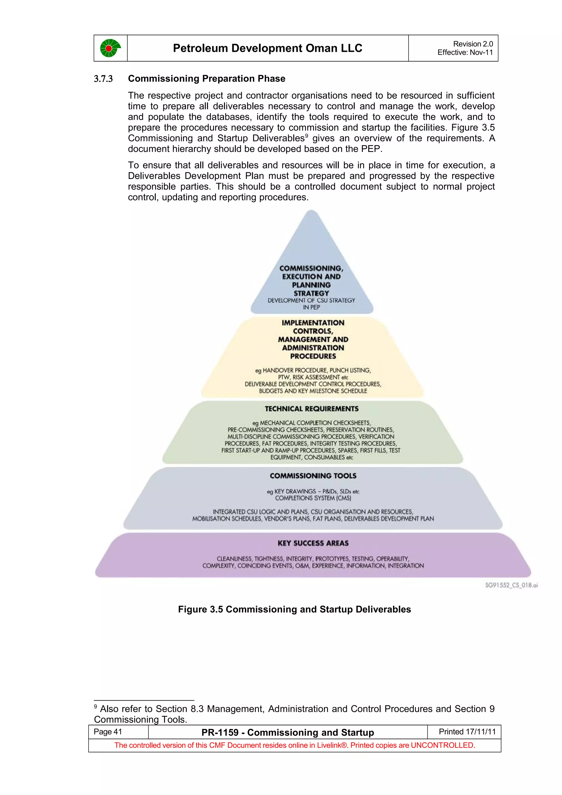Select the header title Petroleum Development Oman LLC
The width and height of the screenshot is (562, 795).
[267, 48]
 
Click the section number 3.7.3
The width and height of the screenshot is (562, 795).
[103, 79]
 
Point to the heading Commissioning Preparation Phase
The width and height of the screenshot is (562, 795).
[206, 79]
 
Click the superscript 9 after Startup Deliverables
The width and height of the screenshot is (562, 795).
[307, 136]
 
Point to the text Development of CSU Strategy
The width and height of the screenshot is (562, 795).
[311, 300]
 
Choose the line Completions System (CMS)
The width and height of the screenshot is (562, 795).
[313, 498]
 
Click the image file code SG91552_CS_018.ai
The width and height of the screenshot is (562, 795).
[511, 585]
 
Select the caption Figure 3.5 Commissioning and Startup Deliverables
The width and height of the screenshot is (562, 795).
[294, 609]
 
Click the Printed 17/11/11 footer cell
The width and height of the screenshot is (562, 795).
[467, 732]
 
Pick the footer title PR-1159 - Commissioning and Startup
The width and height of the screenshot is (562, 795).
[288, 732]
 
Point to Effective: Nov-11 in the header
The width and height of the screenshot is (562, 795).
[465, 52]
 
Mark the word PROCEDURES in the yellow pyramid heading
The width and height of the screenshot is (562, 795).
[313, 356]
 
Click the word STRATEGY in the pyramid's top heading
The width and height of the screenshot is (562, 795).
[311, 293]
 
